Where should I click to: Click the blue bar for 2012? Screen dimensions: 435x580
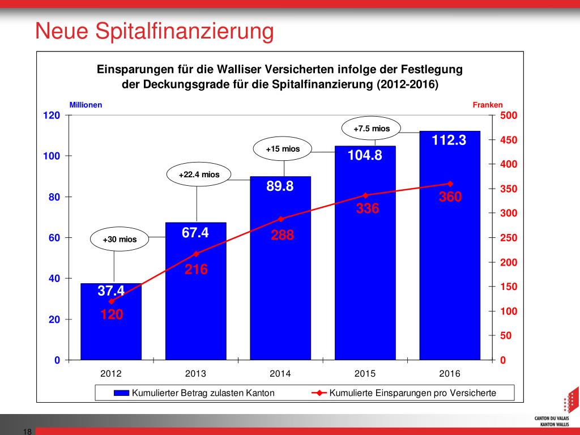pos(111,329)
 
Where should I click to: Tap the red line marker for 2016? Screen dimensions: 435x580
pos(450,184)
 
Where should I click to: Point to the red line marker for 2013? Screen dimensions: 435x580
pos(197,253)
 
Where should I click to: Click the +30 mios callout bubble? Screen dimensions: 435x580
pos(120,240)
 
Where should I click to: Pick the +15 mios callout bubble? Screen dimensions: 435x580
pos(283,150)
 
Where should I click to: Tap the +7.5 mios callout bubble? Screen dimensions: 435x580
pos(372,129)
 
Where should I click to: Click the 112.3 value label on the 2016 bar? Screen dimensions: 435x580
pos(449,140)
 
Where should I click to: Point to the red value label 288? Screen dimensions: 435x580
pos(282,235)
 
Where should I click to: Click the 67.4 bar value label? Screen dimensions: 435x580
pos(195,232)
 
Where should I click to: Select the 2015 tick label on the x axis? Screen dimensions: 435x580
pos(365,374)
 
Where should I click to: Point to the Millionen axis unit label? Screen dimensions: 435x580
pos(86,105)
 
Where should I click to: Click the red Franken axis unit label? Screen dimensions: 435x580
pos(487,105)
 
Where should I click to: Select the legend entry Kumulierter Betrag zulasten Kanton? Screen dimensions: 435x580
pos(194,393)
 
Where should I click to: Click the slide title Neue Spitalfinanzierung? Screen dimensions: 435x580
pos(154,31)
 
